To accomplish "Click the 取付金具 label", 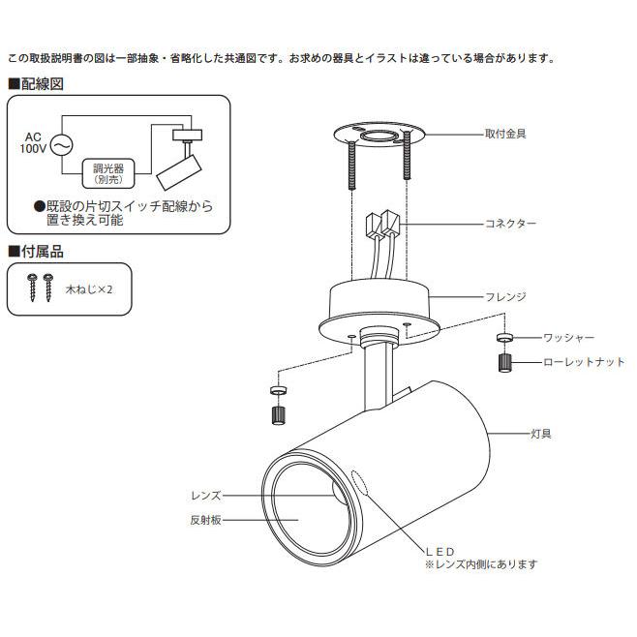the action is pyautogui.click(x=505, y=134).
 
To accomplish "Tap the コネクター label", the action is pyautogui.click(x=510, y=224).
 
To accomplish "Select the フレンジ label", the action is pyautogui.click(x=505, y=296).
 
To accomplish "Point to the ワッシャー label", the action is pyautogui.click(x=569, y=337).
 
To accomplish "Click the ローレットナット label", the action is pyautogui.click(x=584, y=362).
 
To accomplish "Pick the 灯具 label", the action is pyautogui.click(x=541, y=434).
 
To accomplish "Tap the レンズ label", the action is pyautogui.click(x=206, y=496).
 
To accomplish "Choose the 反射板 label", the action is pyautogui.click(x=205, y=520).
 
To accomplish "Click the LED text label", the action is pyautogui.click(x=440, y=552).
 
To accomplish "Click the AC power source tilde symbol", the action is pyautogui.click(x=62, y=145).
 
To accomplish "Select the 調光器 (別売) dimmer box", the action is pyautogui.click(x=108, y=173).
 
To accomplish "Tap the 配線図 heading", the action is pyautogui.click(x=36, y=84).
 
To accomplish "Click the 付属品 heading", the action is pyautogui.click(x=36, y=252).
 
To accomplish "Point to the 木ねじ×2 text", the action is pyautogui.click(x=88, y=289).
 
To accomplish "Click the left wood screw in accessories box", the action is pyautogui.click(x=33, y=288).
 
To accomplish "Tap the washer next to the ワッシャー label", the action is pyautogui.click(x=504, y=337).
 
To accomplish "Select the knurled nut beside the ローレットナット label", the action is pyautogui.click(x=504, y=363).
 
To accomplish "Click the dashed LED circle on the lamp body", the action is pyautogui.click(x=359, y=483).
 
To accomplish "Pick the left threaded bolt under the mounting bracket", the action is pyautogui.click(x=351, y=165).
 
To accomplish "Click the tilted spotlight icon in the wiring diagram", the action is pyautogui.click(x=179, y=172).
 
